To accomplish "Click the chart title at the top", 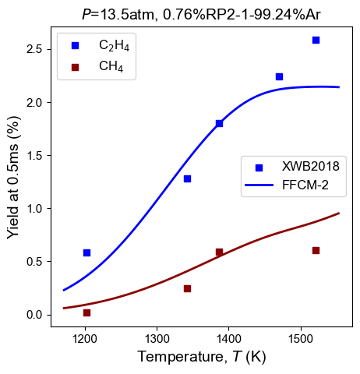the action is pyautogui.click(x=201, y=14).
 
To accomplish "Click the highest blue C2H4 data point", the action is pyautogui.click(x=316, y=40).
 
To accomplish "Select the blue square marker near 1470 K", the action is pyautogui.click(x=279, y=76).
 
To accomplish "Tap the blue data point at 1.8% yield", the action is pyautogui.click(x=219, y=123).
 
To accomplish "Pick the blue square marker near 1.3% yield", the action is pyautogui.click(x=187, y=178).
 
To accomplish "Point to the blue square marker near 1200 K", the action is pyautogui.click(x=86, y=252).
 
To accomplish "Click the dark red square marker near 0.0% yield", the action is pyautogui.click(x=86, y=312).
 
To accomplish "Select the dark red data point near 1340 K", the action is pyautogui.click(x=187, y=288).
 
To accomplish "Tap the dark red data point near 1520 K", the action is pyautogui.click(x=316, y=250).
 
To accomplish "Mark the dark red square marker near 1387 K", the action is pyautogui.click(x=219, y=252).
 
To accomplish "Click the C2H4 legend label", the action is pyautogui.click(x=114, y=45).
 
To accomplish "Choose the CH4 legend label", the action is pyautogui.click(x=111, y=66).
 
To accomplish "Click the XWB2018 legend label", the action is pyautogui.click(x=311, y=166).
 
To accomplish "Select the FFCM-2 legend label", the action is pyautogui.click(x=305, y=185).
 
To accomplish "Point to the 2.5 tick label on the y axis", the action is pyautogui.click(x=34, y=49).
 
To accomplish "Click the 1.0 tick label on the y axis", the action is pyautogui.click(x=34, y=209).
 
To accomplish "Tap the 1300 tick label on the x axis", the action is pyautogui.click(x=157, y=339).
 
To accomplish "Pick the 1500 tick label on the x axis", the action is pyautogui.click(x=301, y=339).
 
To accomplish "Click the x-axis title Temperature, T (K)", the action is pyautogui.click(x=202, y=357).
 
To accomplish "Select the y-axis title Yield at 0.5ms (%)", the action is pyautogui.click(x=13, y=177).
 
